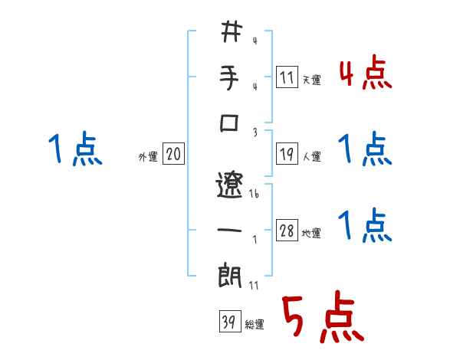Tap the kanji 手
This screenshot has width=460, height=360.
(x=231, y=80)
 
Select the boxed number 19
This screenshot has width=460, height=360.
(x=287, y=154)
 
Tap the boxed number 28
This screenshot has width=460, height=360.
(x=287, y=231)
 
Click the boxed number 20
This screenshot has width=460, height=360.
(x=173, y=155)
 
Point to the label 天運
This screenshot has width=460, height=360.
(x=312, y=79)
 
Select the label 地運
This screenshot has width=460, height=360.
(x=312, y=234)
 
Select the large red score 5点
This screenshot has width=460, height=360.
(x=321, y=319)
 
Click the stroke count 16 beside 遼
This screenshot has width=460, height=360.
(x=254, y=195)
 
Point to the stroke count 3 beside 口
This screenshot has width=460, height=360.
(x=255, y=131)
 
